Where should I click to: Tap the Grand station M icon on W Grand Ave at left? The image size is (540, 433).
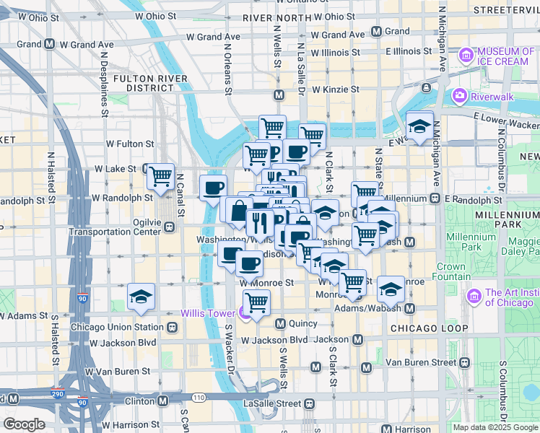click(49, 44)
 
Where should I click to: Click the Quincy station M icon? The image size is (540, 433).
click(282, 323)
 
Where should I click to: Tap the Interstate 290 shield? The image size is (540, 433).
click(57, 394)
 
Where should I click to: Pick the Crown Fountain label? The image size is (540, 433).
click(451, 271)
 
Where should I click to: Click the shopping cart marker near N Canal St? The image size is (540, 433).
click(160, 175)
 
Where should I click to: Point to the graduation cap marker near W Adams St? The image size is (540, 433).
click(141, 296)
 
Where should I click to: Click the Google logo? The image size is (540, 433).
click(24, 424)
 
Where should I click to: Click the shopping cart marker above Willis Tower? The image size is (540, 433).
click(256, 302)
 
